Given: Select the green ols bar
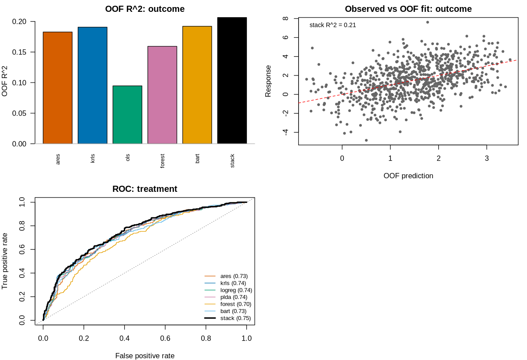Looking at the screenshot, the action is coord(127,115).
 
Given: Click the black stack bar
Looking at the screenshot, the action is coord(232,80).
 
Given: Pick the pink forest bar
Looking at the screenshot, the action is coord(162,95).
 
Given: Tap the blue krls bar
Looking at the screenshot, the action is coord(93,85).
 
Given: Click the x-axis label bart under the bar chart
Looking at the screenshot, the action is coord(197,158).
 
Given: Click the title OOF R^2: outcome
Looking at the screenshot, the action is coord(144,9).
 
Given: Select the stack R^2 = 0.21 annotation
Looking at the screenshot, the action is coord(332,25).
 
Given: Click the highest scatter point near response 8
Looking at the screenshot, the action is coord(427,22).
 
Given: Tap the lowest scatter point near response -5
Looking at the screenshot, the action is coord(366,140).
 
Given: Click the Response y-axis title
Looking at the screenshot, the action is coord(268,81).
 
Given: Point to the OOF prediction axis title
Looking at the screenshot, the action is coord(408,176).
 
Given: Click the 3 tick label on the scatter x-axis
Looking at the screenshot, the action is coord(487,158).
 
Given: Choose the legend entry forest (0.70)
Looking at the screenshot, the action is coord(228,304).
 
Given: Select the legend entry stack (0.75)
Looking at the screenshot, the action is coord(227,318).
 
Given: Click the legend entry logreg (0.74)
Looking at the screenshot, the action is coord(228,290).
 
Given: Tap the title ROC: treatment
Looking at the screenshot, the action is coord(144,189).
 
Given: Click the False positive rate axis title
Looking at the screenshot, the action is coord(144,356).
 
